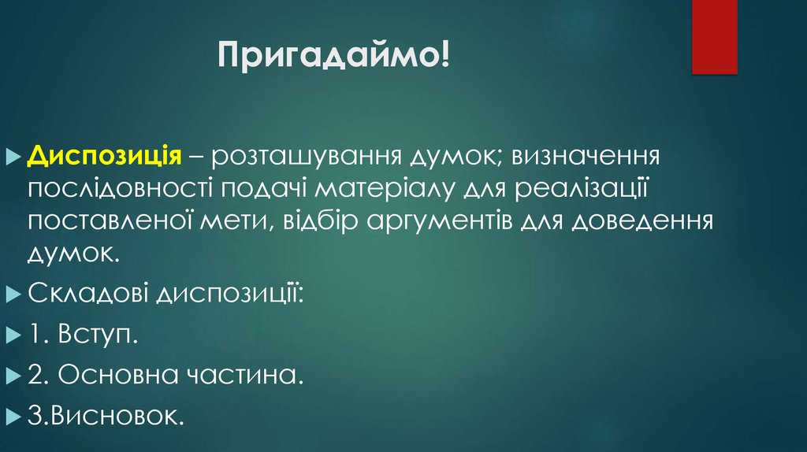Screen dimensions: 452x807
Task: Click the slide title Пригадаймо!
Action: point(334,59)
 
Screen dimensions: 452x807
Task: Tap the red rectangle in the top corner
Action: point(713,36)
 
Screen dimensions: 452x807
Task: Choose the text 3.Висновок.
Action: point(106,415)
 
